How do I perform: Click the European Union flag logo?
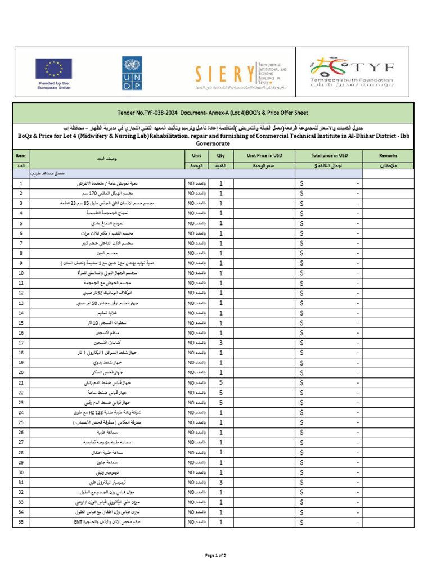tap(53, 69)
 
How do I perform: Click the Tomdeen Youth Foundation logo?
tap(353, 73)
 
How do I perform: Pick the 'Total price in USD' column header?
tap(329, 155)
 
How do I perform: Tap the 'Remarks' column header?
tap(388, 155)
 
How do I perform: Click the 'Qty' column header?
tap(221, 155)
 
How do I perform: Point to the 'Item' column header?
tap(21, 155)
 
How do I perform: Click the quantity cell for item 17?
tap(221, 343)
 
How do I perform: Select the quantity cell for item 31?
tap(221, 482)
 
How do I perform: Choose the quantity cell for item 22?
tap(221, 393)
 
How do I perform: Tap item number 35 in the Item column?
tap(21, 522)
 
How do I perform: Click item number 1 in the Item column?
tap(21, 183)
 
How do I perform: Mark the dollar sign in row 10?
tap(303, 273)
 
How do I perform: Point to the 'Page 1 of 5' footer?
tap(216, 556)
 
